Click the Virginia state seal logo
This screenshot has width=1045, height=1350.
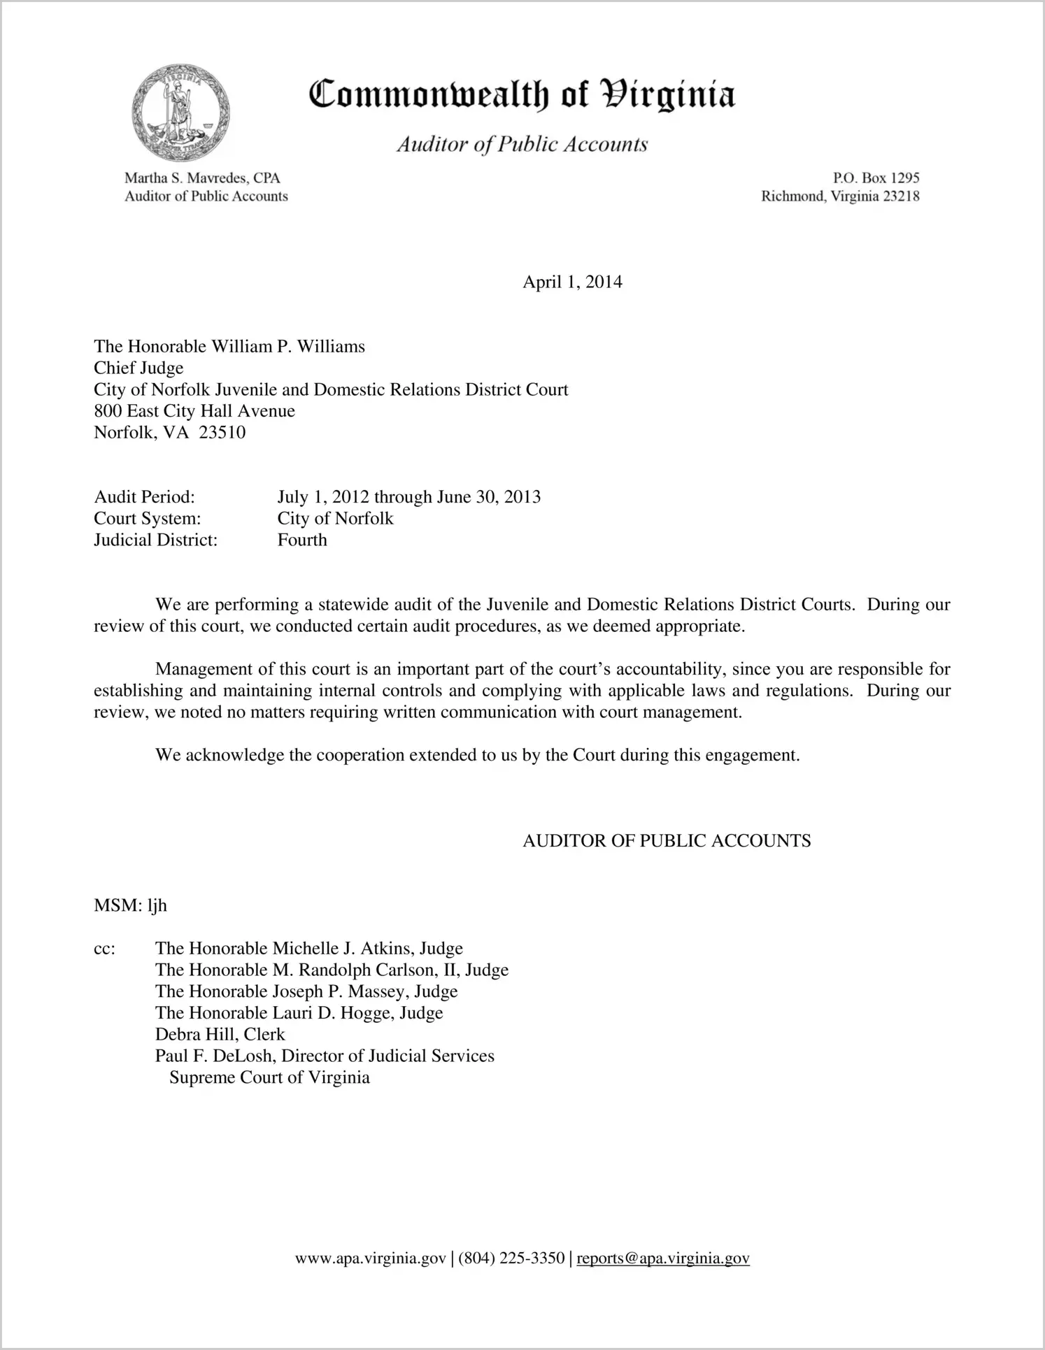[180, 113]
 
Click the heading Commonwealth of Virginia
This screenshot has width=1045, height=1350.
[521, 95]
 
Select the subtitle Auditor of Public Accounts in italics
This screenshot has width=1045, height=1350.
[522, 144]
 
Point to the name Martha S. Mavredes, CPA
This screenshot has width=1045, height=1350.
[202, 178]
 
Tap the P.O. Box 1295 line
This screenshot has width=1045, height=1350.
[876, 178]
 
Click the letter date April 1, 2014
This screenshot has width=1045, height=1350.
[572, 282]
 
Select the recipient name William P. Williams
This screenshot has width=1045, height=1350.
[288, 347]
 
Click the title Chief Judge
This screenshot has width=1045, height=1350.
[138, 368]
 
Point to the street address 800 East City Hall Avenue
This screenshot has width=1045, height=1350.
[194, 411]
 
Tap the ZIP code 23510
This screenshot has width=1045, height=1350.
[222, 433]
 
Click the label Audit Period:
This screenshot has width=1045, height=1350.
[144, 497]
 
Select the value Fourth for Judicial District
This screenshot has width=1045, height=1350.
[301, 540]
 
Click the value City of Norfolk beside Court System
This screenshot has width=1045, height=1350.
[335, 519]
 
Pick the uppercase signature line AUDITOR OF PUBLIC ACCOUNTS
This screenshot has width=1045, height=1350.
[667, 841]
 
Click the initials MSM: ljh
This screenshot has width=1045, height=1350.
[130, 906]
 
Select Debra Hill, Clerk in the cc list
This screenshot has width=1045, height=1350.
[220, 1035]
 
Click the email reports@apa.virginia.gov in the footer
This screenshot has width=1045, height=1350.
[662, 1259]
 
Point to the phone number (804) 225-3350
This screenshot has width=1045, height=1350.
[511, 1259]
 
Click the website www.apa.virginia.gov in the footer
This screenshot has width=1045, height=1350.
[370, 1259]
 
